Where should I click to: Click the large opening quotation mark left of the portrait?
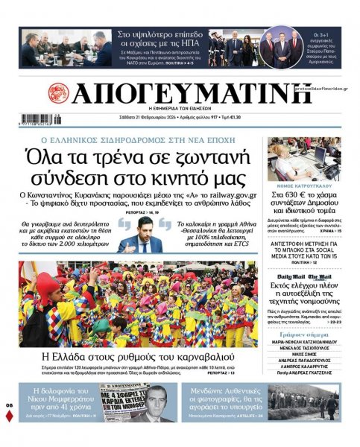tap(124, 220)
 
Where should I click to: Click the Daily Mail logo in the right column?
tap(295, 276)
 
